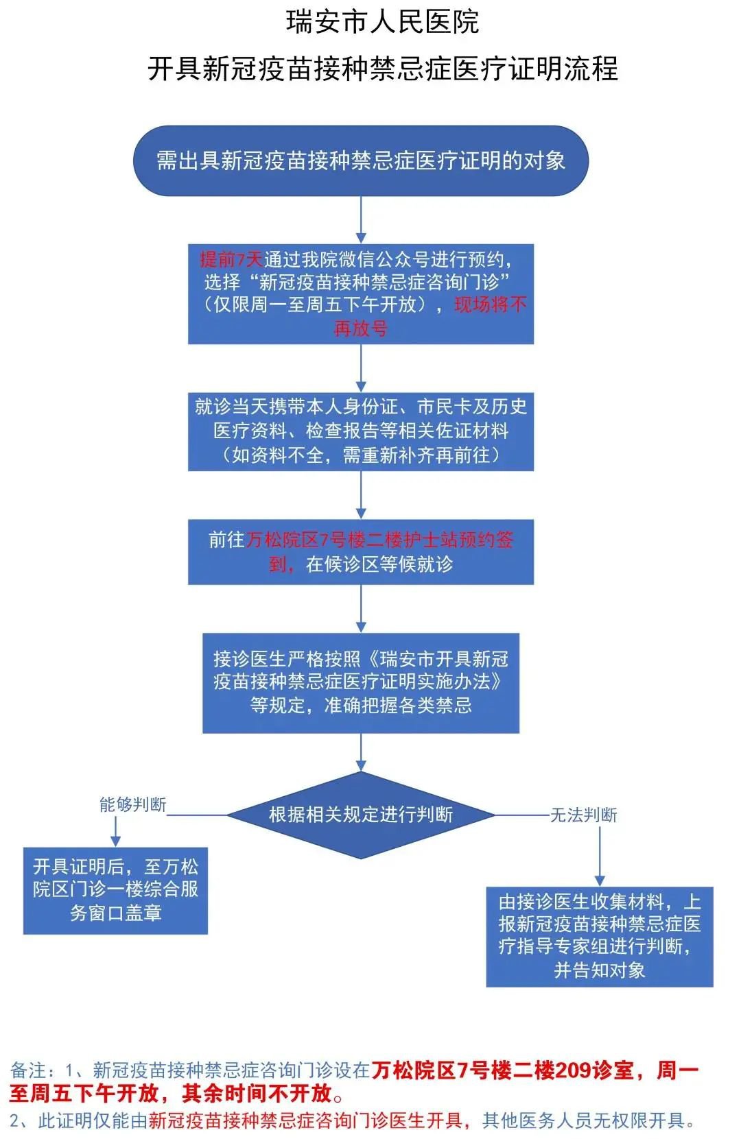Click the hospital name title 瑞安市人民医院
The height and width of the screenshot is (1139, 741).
point(382,22)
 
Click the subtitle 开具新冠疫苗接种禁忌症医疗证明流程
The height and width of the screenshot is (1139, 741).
point(382,69)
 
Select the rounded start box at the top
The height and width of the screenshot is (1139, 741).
point(361,161)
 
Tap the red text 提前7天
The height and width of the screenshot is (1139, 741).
point(231,259)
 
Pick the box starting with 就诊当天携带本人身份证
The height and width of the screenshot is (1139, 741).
point(361,431)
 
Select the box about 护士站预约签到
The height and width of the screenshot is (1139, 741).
point(361,552)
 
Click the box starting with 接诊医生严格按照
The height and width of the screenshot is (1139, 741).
point(361,682)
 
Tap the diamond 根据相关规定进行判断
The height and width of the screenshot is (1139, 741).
point(361,815)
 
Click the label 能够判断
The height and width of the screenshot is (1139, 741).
point(132,804)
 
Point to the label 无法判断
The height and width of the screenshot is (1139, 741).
point(584,815)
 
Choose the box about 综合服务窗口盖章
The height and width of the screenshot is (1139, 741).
point(115,890)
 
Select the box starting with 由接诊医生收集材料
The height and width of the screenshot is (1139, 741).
point(600,936)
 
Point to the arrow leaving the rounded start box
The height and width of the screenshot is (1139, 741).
point(361,219)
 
